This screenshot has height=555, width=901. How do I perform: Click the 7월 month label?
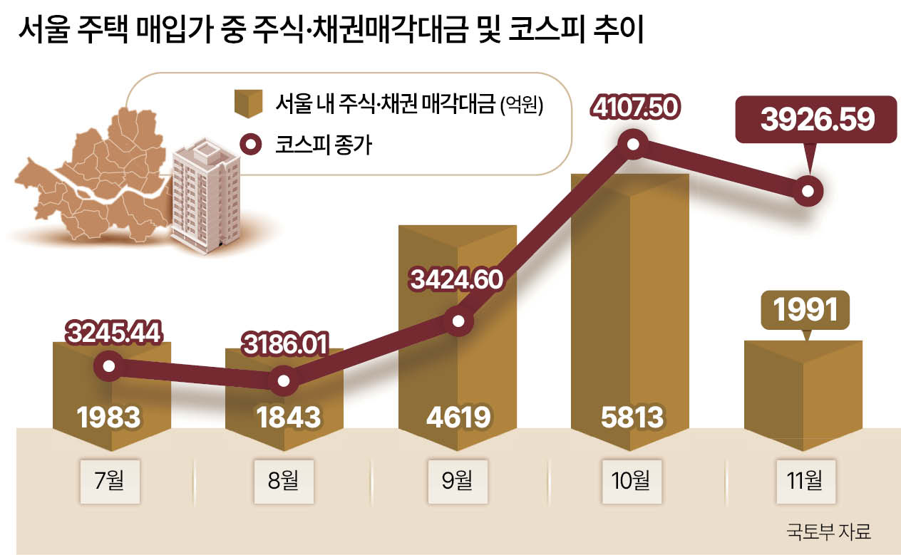pyautogui.click(x=112, y=480)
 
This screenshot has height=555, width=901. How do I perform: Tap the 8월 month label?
pyautogui.click(x=284, y=480)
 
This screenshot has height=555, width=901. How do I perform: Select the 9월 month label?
pyautogui.click(x=457, y=480)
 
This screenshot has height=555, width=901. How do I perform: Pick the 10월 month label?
pyautogui.click(x=630, y=480)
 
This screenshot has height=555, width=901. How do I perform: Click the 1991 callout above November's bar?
pyautogui.click(x=805, y=309)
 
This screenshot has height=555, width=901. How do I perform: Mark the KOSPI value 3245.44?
pyautogui.click(x=115, y=331)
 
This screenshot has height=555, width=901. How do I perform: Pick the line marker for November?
pyautogui.click(x=808, y=191)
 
